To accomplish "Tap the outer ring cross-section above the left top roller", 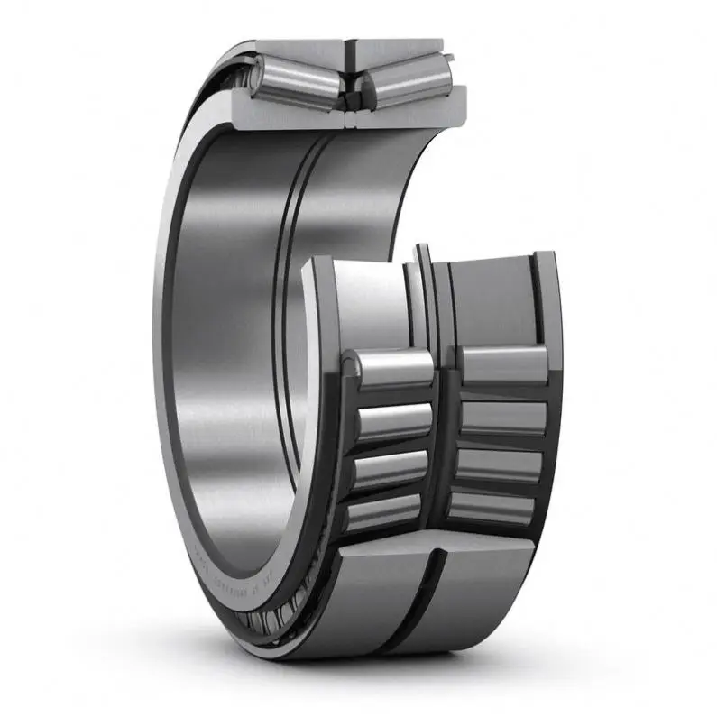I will (x=298, y=50).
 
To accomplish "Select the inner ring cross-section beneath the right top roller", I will (x=415, y=110).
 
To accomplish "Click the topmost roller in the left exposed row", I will (x=394, y=368).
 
